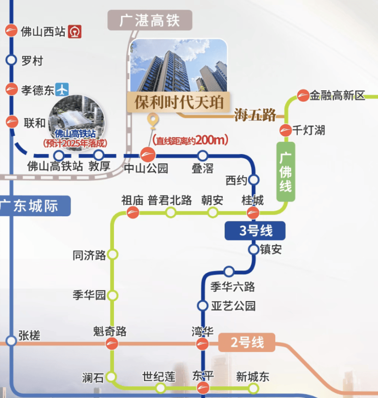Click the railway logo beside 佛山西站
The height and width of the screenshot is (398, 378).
click(x=75, y=32)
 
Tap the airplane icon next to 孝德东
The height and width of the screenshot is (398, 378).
click(x=62, y=89)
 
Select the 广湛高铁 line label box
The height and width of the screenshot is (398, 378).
click(x=150, y=20)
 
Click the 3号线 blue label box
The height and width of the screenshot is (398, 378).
click(x=255, y=231)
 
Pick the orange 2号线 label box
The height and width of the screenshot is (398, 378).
click(x=247, y=342)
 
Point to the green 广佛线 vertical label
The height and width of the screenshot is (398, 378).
click(x=286, y=172)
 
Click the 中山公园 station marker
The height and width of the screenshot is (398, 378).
click(x=148, y=155)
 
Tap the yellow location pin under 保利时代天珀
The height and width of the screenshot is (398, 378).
click(x=153, y=120)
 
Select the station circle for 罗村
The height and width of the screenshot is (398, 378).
click(x=11, y=60)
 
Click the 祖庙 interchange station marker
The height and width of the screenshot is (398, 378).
click(x=133, y=212)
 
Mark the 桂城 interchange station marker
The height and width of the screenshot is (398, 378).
click(x=253, y=212)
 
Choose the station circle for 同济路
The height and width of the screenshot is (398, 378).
click(x=112, y=254)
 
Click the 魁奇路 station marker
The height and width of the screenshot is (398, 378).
click(x=112, y=344)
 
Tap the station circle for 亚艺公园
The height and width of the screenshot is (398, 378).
click(x=203, y=306)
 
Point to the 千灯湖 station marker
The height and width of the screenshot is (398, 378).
click(x=286, y=131)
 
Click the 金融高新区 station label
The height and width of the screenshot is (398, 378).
click(x=337, y=96)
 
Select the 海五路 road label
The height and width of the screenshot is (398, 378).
click(x=255, y=115)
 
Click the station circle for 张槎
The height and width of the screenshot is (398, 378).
click(x=11, y=341)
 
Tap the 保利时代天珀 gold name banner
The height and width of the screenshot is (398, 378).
click(x=179, y=102)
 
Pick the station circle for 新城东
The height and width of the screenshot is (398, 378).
click(x=253, y=388)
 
